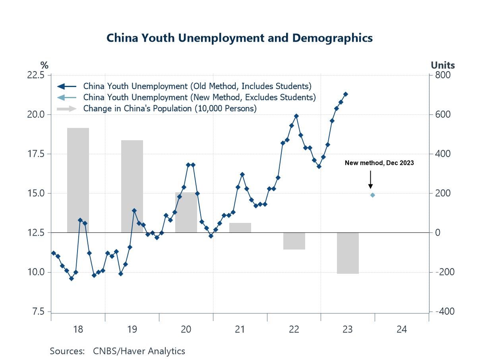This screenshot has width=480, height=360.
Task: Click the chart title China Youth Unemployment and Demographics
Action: click(x=240, y=38)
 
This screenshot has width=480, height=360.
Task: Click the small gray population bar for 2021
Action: click(x=240, y=228)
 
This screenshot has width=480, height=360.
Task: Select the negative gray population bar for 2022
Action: click(x=294, y=241)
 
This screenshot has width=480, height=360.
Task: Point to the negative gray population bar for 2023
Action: click(x=348, y=253)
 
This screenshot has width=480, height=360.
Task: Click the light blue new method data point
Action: click(x=373, y=195)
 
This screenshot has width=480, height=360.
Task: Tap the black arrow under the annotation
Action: click(x=370, y=180)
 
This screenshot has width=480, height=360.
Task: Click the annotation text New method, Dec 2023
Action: click(x=379, y=163)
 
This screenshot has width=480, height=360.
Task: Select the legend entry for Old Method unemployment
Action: click(x=197, y=86)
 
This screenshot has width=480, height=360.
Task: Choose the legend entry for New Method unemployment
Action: click(x=199, y=97)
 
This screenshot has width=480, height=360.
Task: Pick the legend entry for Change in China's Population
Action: click(x=170, y=108)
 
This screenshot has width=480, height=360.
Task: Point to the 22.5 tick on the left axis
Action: click(x=36, y=75)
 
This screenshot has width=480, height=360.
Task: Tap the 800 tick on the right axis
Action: click(x=442, y=75)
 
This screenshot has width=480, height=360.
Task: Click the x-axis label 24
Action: click(x=402, y=329)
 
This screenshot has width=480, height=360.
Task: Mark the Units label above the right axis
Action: click(x=443, y=65)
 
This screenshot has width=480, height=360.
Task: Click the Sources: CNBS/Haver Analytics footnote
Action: click(x=117, y=351)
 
